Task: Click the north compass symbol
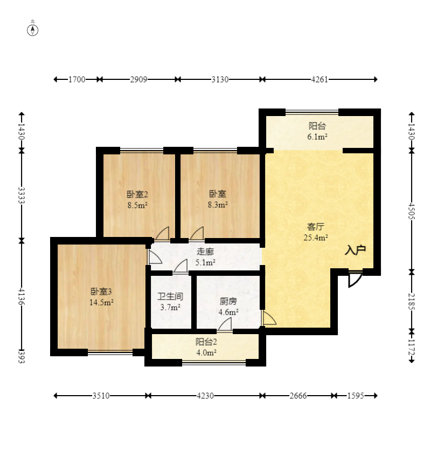33,30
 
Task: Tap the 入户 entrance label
356,250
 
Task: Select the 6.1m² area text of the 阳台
317,137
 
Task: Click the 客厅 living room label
316,227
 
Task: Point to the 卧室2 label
137,194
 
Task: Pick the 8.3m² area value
218,205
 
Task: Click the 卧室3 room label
101,291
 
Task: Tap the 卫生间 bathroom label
170,296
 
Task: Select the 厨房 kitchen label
228,301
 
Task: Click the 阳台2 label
206,342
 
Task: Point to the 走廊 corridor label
205,252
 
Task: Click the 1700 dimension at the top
77,79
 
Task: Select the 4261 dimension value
319,79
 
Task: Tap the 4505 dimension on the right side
412,211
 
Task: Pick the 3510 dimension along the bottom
101,396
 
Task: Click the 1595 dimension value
356,396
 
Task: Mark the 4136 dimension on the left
22,296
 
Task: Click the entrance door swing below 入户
355,279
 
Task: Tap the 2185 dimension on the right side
412,301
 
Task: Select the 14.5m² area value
101,302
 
